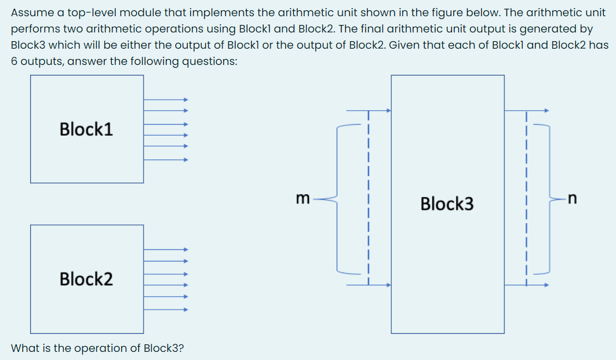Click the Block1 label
click(86, 129)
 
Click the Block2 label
click(86, 279)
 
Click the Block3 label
click(447, 203)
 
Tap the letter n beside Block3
click(572, 198)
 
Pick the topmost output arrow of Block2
click(166, 250)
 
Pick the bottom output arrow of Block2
click(166, 310)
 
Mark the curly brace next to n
click(548, 198)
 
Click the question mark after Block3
click(181, 348)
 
